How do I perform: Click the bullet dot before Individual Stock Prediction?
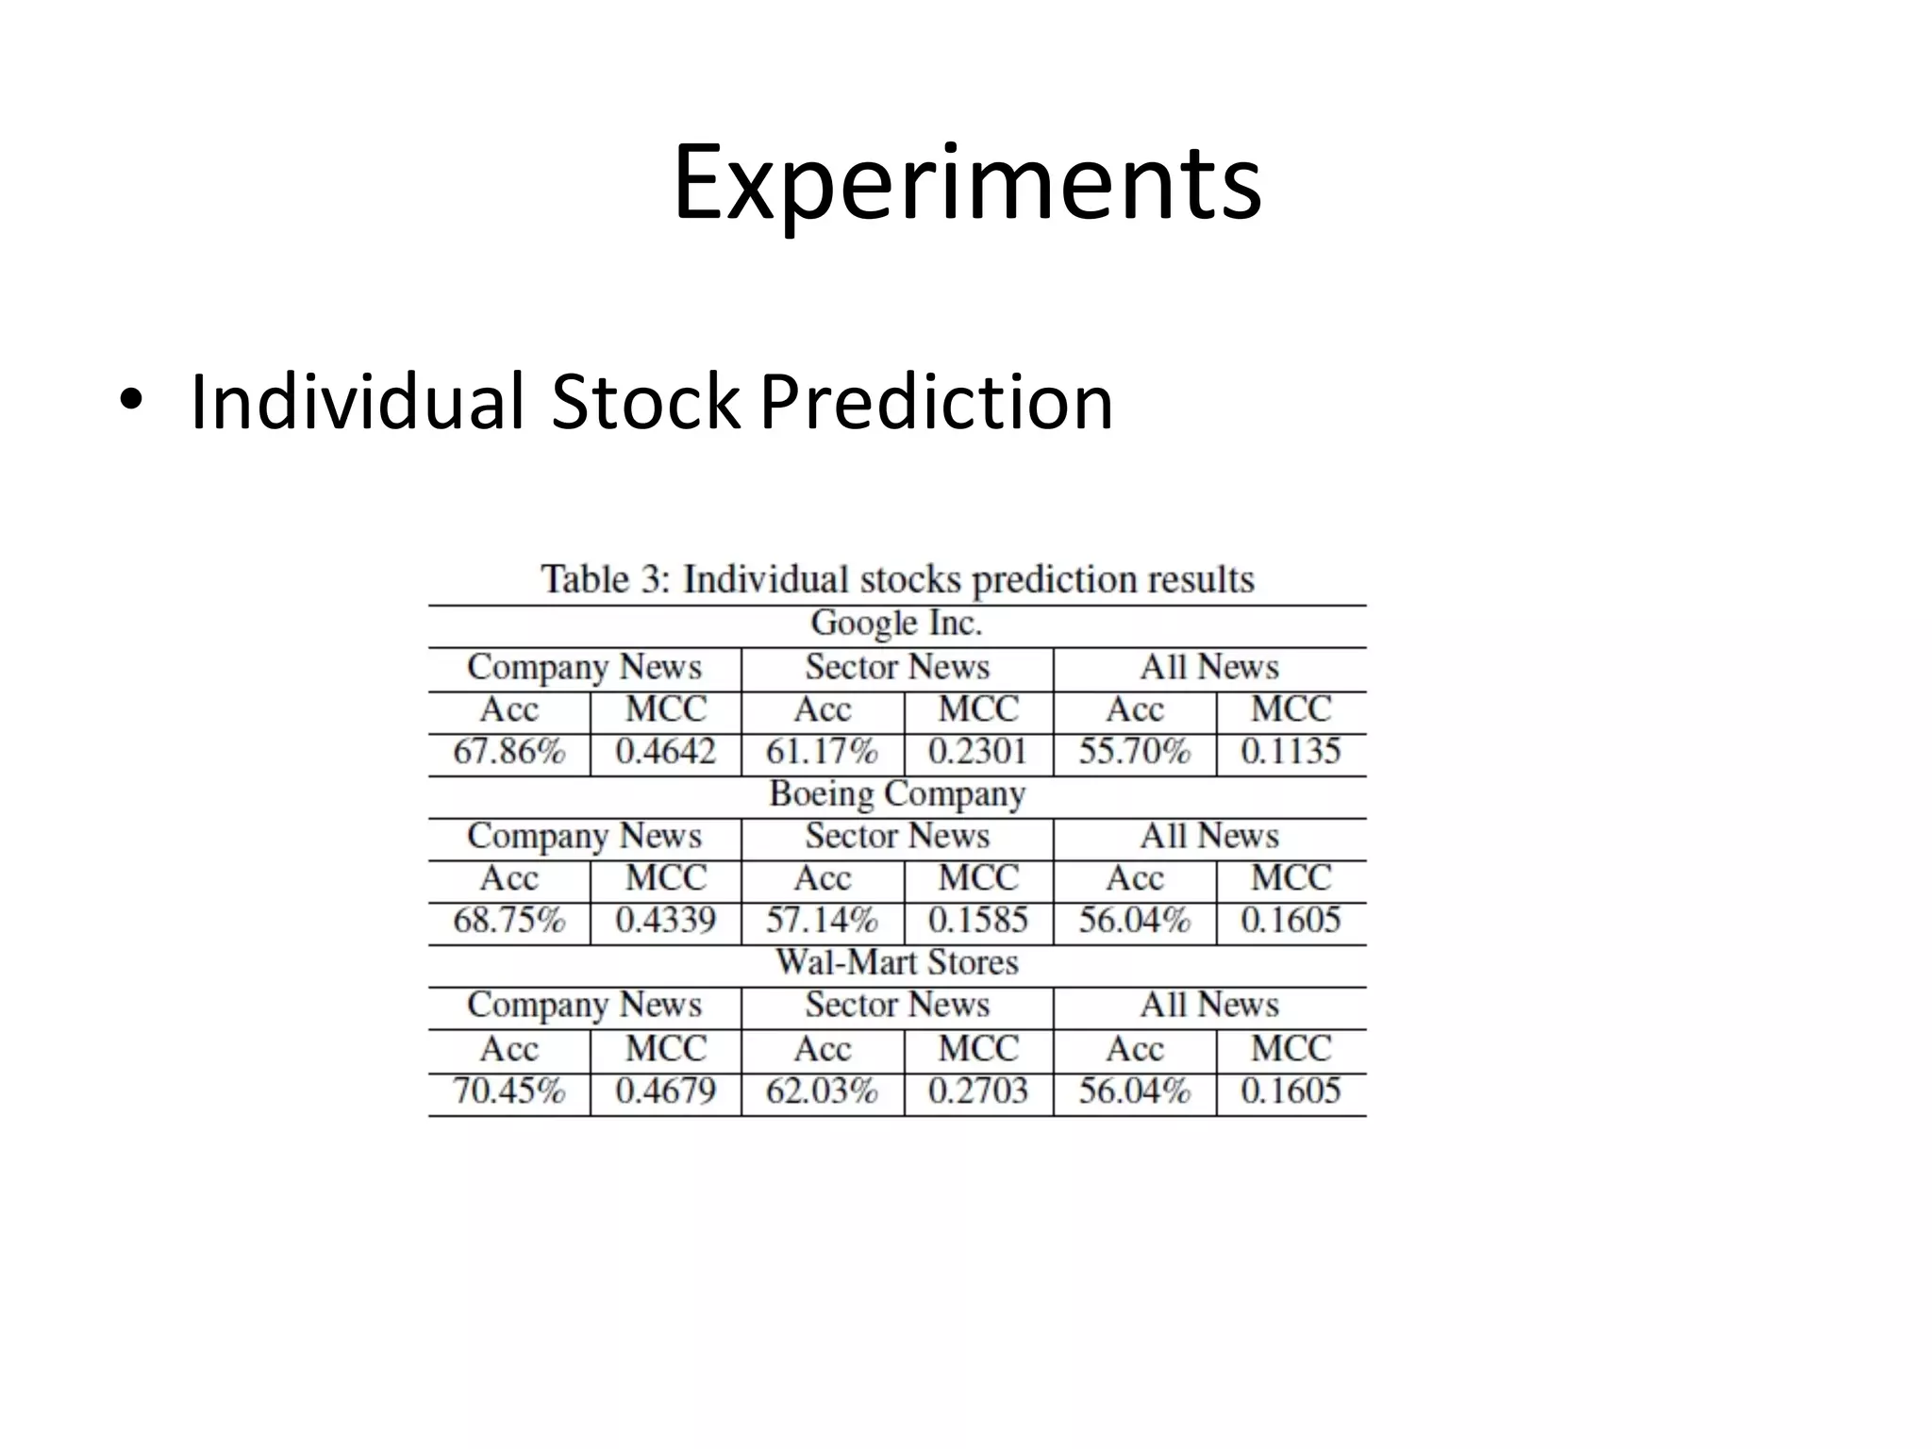(130, 400)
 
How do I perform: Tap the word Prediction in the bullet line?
(936, 402)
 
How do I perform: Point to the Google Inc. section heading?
(896, 623)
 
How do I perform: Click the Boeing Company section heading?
(896, 794)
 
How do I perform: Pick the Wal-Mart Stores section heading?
(896, 962)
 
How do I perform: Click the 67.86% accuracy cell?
(509, 752)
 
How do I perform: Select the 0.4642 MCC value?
(665, 752)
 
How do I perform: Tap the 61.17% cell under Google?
(822, 752)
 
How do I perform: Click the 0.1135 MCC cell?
(1291, 752)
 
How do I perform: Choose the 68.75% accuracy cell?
(509, 920)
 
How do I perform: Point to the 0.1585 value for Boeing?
(978, 920)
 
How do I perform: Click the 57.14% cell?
(822, 920)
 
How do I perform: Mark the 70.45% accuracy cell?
(509, 1091)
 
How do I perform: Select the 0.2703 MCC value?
(978, 1091)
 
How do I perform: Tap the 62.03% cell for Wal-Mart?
(822, 1091)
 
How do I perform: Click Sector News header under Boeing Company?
(897, 836)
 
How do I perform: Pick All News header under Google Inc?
(1209, 667)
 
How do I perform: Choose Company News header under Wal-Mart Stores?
(585, 1005)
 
